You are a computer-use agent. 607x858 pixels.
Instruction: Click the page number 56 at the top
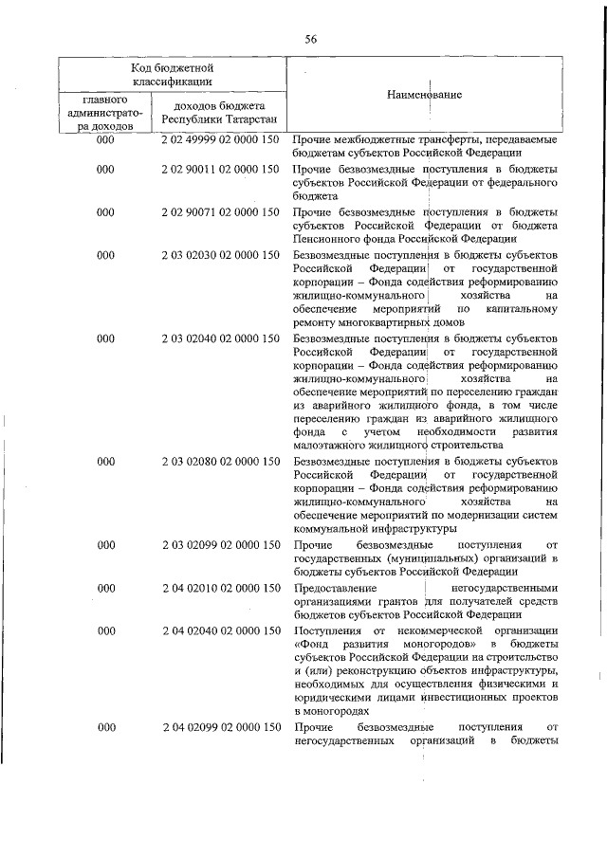click(x=310, y=38)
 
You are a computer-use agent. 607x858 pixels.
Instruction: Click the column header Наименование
click(x=424, y=96)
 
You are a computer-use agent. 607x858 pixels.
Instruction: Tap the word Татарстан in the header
click(x=245, y=120)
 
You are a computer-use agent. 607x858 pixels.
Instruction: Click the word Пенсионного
click(x=329, y=240)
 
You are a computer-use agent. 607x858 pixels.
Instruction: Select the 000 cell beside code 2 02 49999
click(x=105, y=140)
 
